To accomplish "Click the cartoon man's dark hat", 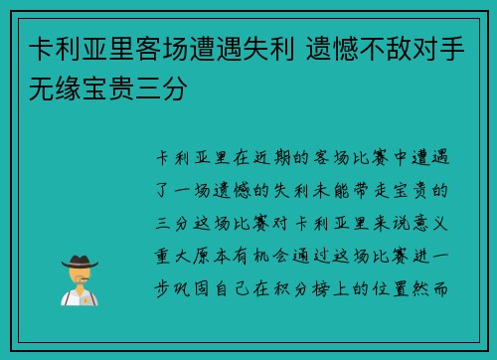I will click(79, 262).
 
